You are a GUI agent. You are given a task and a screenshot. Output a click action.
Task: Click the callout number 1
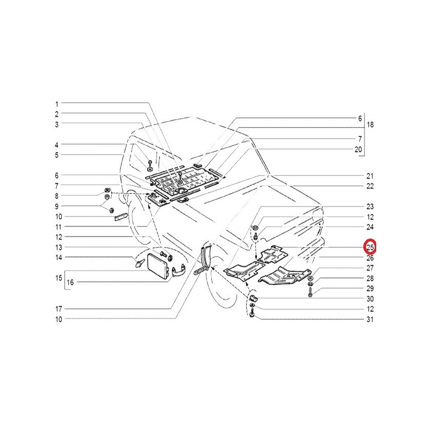tap(57, 104)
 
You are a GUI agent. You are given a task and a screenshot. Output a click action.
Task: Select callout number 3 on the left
tap(57, 125)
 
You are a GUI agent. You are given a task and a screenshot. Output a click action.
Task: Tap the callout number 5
tap(57, 155)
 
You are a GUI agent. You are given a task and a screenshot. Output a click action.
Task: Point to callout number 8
tap(57, 196)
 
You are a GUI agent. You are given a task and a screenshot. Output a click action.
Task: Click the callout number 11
tap(59, 227)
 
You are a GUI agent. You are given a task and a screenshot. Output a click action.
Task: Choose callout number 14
tap(59, 258)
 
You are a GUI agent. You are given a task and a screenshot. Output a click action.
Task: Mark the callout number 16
tap(70, 282)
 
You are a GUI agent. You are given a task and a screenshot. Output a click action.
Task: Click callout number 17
tap(59, 309)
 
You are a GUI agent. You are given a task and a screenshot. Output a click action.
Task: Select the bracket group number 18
tap(370, 125)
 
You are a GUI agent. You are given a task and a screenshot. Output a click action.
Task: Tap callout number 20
tap(359, 150)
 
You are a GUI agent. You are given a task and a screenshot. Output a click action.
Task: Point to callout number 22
tap(370, 186)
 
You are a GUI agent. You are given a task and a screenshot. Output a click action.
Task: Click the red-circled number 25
tap(370, 248)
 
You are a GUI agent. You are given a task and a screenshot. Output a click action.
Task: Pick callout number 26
tap(370, 258)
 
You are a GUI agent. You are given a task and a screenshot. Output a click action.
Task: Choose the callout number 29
tap(370, 289)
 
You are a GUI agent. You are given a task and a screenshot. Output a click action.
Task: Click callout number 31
tap(370, 319)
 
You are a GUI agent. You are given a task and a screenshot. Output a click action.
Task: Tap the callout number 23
tap(370, 207)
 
